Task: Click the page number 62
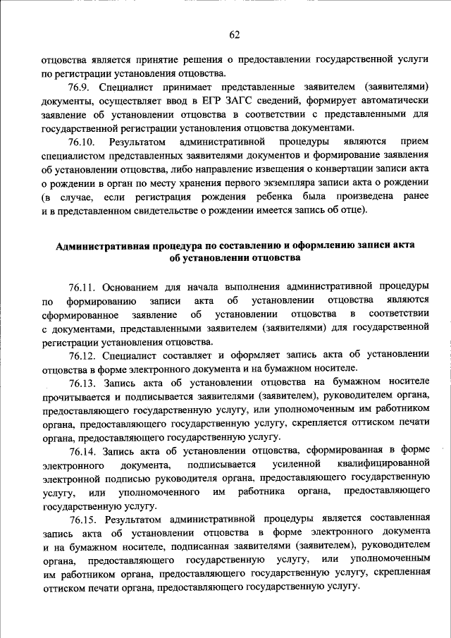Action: tap(235, 35)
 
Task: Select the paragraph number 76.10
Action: tap(83, 142)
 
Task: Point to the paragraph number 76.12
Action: tap(83, 355)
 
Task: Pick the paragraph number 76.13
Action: tap(83, 382)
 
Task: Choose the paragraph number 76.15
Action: tap(83, 517)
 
